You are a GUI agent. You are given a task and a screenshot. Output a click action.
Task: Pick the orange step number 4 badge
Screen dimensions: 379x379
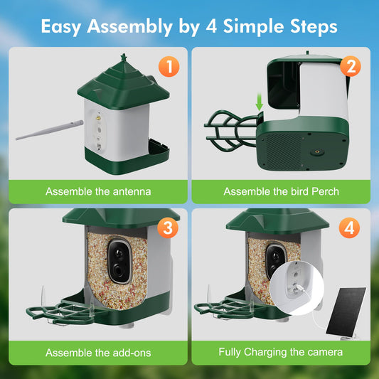click(348, 229)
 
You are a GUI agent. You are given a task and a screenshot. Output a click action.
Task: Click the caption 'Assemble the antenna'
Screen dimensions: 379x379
click(98, 191)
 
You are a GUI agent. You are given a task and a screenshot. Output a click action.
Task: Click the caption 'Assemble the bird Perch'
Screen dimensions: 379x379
click(281, 191)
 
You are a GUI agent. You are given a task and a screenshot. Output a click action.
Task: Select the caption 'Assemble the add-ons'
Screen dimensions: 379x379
click(98, 352)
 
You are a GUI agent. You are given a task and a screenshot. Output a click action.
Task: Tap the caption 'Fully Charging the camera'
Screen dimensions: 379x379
click(281, 352)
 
